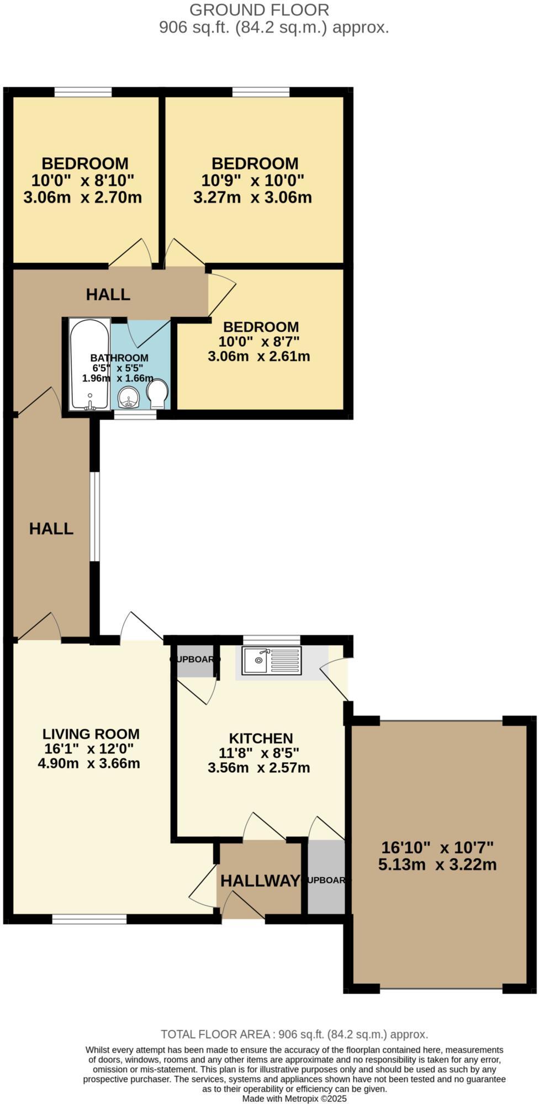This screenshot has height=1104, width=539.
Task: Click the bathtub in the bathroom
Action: click(x=89, y=364)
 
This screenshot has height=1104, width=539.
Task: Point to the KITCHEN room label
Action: click(x=261, y=738)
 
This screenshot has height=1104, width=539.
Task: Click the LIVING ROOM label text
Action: click(x=91, y=734)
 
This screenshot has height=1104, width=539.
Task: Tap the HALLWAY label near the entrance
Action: click(x=260, y=881)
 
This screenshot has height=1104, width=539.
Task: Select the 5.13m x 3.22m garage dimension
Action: click(x=437, y=864)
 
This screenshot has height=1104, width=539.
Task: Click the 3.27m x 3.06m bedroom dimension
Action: click(x=252, y=197)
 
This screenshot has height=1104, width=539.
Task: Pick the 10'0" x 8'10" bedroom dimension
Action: click(x=83, y=180)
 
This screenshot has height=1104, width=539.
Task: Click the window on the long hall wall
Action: click(x=96, y=516)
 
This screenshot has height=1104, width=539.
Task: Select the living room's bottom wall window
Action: click(x=89, y=919)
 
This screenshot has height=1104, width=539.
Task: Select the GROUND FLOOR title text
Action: click(x=259, y=10)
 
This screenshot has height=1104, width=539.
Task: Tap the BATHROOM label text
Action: click(x=119, y=358)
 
